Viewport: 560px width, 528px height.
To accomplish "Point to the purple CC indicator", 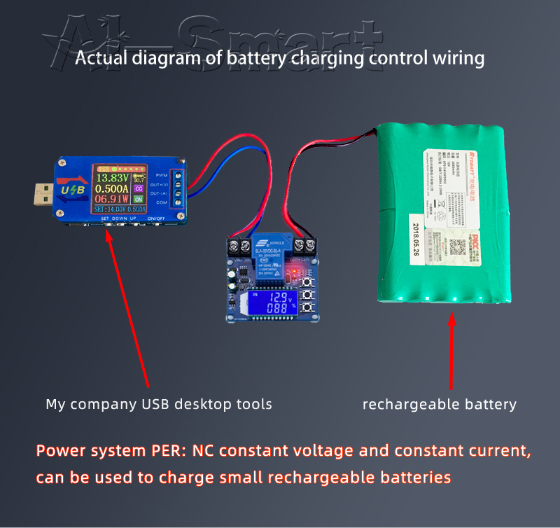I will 139,188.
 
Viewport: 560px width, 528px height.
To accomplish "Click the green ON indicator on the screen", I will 139,200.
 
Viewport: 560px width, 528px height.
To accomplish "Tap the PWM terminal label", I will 162,174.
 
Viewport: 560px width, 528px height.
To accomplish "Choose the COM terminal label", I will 162,202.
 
